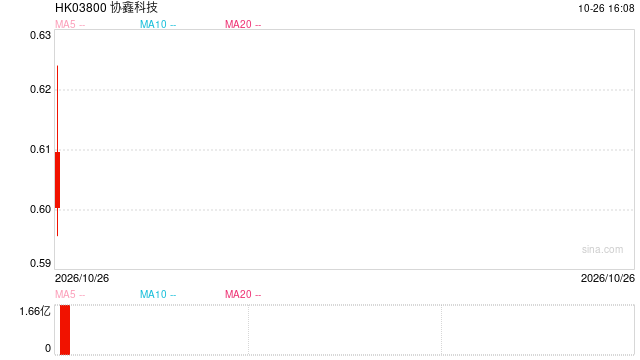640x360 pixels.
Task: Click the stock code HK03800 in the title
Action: (x=81, y=8)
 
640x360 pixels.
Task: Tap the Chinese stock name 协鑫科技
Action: (x=134, y=8)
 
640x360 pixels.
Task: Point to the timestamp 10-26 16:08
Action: (x=606, y=9)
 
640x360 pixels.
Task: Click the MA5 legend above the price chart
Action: (x=70, y=24)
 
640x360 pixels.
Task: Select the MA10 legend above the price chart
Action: (x=158, y=24)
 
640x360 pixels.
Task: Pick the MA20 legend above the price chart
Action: (x=243, y=24)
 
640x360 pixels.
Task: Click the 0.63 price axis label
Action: (x=40, y=36)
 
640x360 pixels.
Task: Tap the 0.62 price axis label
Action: (x=40, y=89)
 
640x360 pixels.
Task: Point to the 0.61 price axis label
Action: (x=40, y=149)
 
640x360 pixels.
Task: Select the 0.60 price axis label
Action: (x=40, y=209)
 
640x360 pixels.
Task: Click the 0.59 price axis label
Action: (x=40, y=263)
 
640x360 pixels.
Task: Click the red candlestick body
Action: (x=58, y=180)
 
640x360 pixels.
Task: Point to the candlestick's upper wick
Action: (x=58, y=109)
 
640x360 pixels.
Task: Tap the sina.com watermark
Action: (x=602, y=249)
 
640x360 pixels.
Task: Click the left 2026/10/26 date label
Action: (x=82, y=278)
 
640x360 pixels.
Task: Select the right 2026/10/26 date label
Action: (x=608, y=278)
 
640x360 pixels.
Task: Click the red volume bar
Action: (x=65, y=330)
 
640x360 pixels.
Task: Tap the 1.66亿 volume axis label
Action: (x=35, y=312)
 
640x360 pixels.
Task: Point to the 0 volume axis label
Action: (x=48, y=348)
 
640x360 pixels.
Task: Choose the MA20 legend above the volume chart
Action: (x=243, y=294)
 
